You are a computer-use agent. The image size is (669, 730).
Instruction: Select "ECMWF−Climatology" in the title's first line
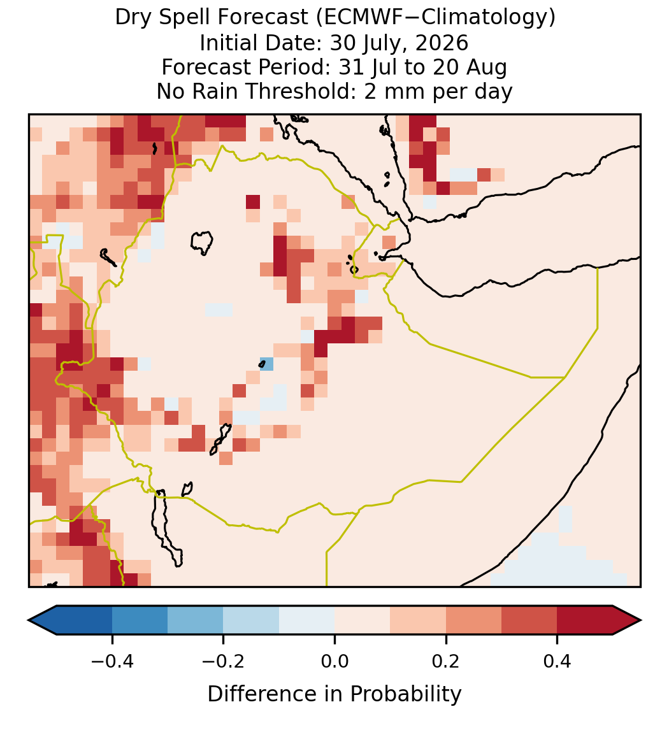click(x=433, y=18)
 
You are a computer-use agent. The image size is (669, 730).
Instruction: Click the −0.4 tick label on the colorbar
click(x=112, y=661)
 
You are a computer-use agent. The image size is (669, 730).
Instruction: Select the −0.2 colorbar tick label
click(x=224, y=661)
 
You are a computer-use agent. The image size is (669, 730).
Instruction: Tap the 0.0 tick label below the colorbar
click(x=334, y=661)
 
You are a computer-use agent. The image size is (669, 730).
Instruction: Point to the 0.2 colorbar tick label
click(x=446, y=661)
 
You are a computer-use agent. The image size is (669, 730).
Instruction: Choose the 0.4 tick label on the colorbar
click(x=557, y=661)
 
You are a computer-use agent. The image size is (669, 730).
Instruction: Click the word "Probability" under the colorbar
click(x=405, y=694)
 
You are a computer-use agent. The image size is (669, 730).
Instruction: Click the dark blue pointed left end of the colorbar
click(x=43, y=620)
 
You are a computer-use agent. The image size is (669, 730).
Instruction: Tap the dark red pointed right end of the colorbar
click(x=627, y=620)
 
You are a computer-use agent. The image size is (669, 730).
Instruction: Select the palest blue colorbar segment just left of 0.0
click(x=307, y=620)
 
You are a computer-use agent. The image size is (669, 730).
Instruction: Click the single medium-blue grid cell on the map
click(x=266, y=364)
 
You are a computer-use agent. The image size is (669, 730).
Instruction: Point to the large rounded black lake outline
click(x=201, y=243)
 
